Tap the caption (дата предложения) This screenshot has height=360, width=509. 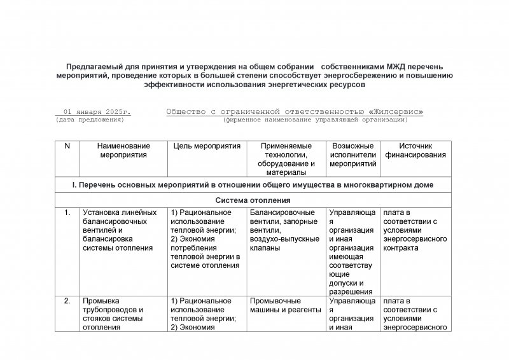(x=90, y=120)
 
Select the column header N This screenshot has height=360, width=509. (x=67, y=146)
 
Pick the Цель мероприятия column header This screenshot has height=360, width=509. (x=207, y=146)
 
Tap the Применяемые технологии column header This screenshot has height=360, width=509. (x=286, y=159)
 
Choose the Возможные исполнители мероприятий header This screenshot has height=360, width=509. (x=352, y=155)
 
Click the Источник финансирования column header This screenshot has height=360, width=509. (x=415, y=150)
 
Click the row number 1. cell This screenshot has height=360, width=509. (x=67, y=212)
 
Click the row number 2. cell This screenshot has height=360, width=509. (x=67, y=301)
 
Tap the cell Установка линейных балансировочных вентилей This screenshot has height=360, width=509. (x=120, y=230)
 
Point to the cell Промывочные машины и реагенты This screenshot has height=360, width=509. (x=286, y=305)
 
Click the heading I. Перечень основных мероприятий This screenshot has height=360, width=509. (x=252, y=184)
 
